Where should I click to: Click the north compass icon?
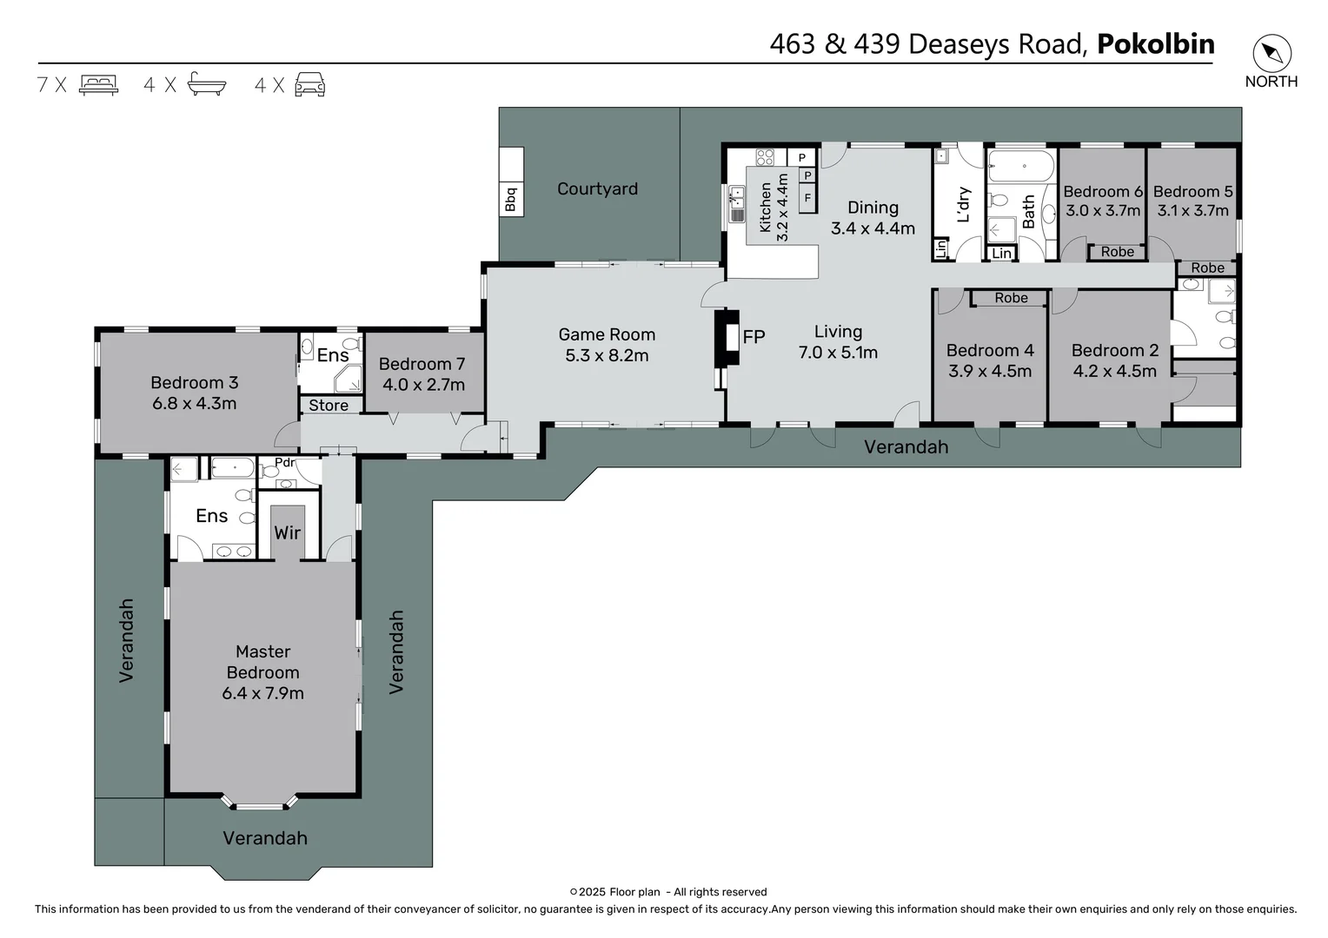tap(1272, 53)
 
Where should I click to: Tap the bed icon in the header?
tap(98, 85)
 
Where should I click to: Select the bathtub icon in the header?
tap(207, 83)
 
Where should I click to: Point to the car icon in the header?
tap(310, 84)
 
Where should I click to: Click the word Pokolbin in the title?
tap(1155, 43)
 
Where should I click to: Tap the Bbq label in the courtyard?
tap(511, 199)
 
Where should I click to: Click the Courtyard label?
tap(598, 188)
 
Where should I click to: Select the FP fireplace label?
tap(754, 337)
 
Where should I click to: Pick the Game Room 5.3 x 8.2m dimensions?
tap(607, 355)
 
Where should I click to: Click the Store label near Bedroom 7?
tap(329, 406)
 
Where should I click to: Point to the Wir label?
tap(288, 532)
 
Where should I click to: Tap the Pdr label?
tap(284, 463)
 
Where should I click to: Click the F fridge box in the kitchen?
tap(807, 197)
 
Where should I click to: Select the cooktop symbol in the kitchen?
tap(765, 157)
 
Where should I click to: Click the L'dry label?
tap(964, 205)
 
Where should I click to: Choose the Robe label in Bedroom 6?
tap(1118, 252)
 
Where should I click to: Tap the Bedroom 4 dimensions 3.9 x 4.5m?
tap(990, 371)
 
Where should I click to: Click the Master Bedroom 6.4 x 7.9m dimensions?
tap(262, 693)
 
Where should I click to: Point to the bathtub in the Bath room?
tap(1021, 167)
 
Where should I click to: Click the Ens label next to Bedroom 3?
tap(333, 355)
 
